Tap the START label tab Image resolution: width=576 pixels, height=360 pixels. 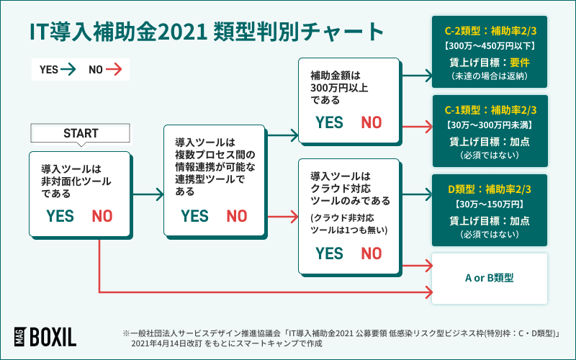[81, 133]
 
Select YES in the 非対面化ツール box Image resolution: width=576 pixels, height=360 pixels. [60, 216]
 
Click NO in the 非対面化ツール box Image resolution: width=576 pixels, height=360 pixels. [102, 216]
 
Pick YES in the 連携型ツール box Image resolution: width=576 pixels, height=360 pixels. [194, 216]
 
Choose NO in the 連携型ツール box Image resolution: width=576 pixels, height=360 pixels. [236, 216]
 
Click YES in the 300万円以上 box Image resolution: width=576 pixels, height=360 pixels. [329, 122]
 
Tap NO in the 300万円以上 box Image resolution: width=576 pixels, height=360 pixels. [372, 122]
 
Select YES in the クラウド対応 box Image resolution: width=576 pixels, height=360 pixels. [329, 253]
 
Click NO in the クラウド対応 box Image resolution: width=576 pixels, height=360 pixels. [372, 253]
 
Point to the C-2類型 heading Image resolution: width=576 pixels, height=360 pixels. [490, 31]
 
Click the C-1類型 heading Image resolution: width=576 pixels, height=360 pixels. [490, 110]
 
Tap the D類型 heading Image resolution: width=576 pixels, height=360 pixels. [490, 189]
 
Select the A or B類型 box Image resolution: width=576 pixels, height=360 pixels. [490, 276]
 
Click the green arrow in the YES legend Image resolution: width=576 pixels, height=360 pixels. [68, 70]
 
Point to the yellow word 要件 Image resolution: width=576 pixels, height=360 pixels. [520, 61]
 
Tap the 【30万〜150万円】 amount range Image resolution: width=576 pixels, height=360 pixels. [490, 204]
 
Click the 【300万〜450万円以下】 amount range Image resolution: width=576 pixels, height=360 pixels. [490, 46]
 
